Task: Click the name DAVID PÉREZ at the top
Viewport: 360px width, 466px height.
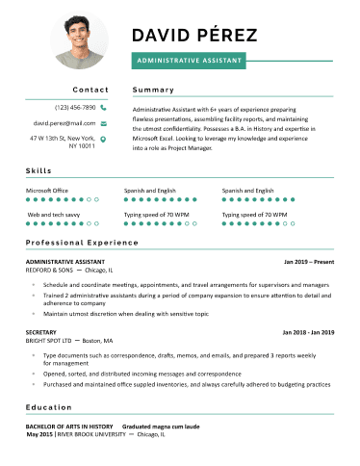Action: pyautogui.click(x=193, y=36)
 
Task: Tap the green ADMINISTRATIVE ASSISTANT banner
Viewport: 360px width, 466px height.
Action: pyautogui.click(x=189, y=60)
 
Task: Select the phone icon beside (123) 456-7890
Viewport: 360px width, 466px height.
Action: pyautogui.click(x=103, y=108)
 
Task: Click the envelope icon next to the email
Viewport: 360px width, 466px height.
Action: pyautogui.click(x=103, y=123)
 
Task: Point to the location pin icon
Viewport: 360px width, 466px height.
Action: pyautogui.click(x=103, y=140)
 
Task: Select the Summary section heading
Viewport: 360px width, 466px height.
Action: pyautogui.click(x=153, y=90)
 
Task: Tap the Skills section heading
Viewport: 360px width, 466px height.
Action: pyautogui.click(x=39, y=170)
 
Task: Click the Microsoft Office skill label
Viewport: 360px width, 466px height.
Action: pyautogui.click(x=47, y=191)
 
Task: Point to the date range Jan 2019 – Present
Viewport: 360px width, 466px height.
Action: pyautogui.click(x=308, y=261)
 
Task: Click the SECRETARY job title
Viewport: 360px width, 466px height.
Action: pyautogui.click(x=41, y=331)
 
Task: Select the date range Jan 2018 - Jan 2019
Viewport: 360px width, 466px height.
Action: pyautogui.click(x=307, y=331)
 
